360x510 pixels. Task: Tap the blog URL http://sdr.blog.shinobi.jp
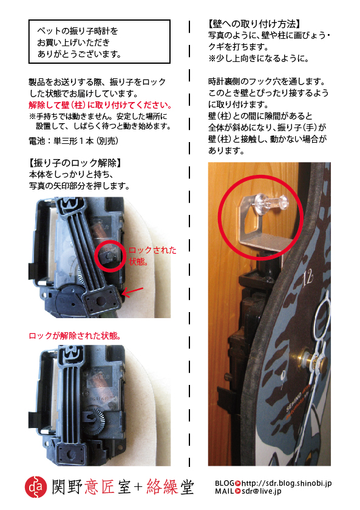point(286,483)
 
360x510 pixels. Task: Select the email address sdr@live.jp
point(261,491)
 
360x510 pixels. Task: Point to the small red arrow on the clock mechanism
point(132,292)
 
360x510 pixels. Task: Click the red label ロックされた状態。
point(152,256)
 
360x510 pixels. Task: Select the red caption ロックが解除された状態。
point(75,336)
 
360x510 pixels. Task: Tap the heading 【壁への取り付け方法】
point(254,24)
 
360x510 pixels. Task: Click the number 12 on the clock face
point(307,278)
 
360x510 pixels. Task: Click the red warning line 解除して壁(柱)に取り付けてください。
point(101,105)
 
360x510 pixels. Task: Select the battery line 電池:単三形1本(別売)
point(73,141)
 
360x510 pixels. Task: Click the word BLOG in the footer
point(224,483)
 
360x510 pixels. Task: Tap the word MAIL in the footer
point(224,491)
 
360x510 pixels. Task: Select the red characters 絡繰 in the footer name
point(162,487)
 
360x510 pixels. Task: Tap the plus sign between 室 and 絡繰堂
point(138,487)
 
